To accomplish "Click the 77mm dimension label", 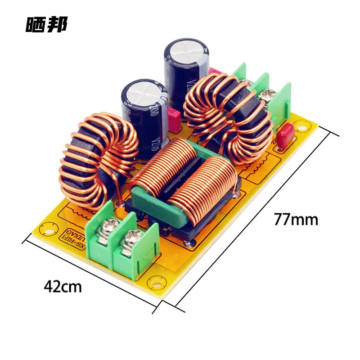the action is pyautogui.click(x=296, y=220).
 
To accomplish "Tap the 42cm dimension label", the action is pyautogui.click(x=63, y=286).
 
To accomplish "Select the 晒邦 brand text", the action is pyautogui.click(x=46, y=25).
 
